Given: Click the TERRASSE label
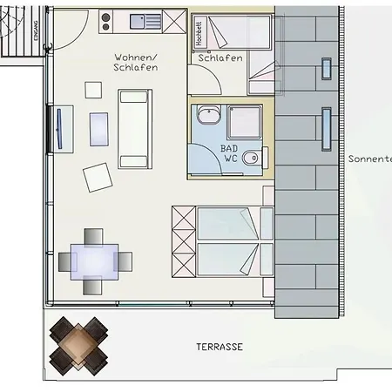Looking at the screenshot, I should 214,347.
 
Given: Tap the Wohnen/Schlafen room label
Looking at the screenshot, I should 135,62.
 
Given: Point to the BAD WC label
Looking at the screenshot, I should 229,153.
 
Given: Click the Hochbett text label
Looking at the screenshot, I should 199,33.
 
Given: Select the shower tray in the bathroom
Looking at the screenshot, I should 246,120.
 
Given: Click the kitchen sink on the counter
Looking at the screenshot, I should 140,20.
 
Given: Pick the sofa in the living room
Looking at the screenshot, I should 134,128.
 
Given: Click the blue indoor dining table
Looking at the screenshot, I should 95,260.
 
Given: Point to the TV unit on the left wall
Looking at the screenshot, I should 58,128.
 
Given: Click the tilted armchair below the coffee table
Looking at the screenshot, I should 98,177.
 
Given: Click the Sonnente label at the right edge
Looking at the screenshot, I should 369,159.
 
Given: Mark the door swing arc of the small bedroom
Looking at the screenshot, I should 203,83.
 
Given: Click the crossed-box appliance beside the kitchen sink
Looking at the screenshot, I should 176,21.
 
